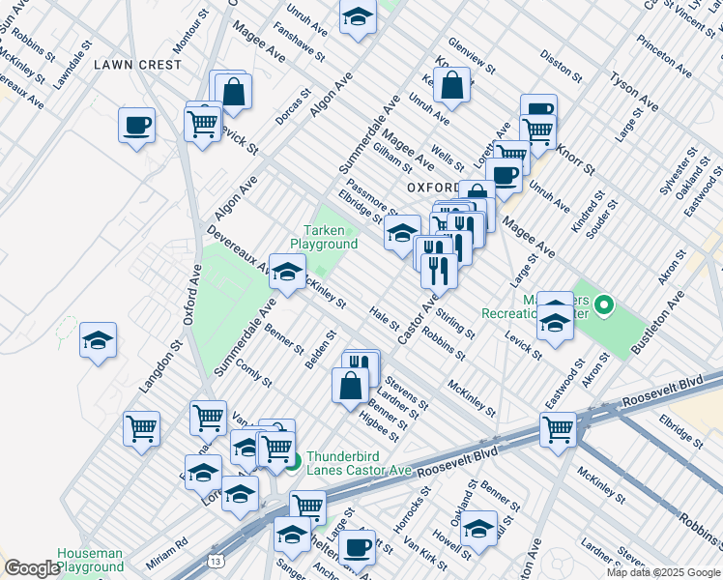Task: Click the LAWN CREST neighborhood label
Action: coord(137,65)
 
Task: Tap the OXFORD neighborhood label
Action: coord(432,187)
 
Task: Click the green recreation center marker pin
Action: coord(604,307)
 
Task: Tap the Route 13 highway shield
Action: coord(214,559)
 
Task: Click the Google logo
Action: coord(32,568)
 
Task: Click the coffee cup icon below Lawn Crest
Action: coord(136,125)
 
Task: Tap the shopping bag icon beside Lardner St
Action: coord(350,385)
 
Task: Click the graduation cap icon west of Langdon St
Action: coord(98,341)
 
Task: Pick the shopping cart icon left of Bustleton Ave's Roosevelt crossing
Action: coord(558,429)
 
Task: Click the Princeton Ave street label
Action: coord(664,58)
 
